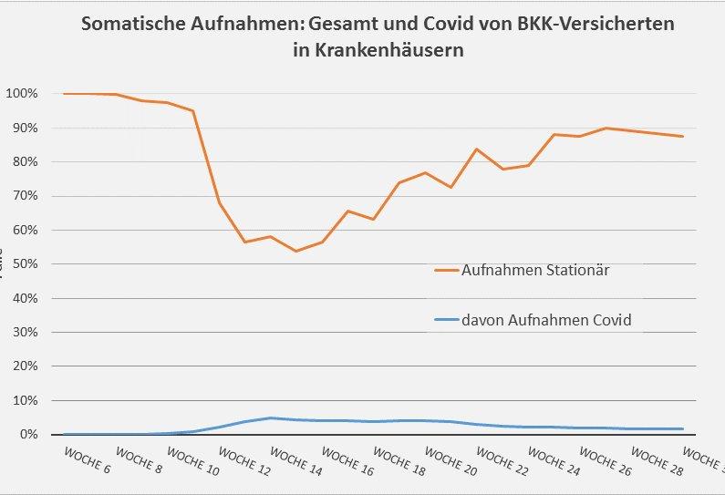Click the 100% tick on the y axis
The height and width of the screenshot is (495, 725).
tap(22, 94)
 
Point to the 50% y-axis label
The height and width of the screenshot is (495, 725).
tap(25, 264)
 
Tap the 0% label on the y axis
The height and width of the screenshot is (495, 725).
tap(28, 435)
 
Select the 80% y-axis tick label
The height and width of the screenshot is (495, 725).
tap(25, 162)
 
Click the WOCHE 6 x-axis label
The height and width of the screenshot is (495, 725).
tap(88, 459)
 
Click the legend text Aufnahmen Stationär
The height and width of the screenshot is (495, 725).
tap(535, 270)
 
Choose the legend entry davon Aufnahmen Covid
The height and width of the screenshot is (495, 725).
tap(546, 320)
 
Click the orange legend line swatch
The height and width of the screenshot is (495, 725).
tap(446, 270)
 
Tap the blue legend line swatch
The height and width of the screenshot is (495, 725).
tap(446, 320)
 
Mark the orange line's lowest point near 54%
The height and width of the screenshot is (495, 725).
tap(295, 251)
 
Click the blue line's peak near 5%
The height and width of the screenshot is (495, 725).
tap(271, 418)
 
